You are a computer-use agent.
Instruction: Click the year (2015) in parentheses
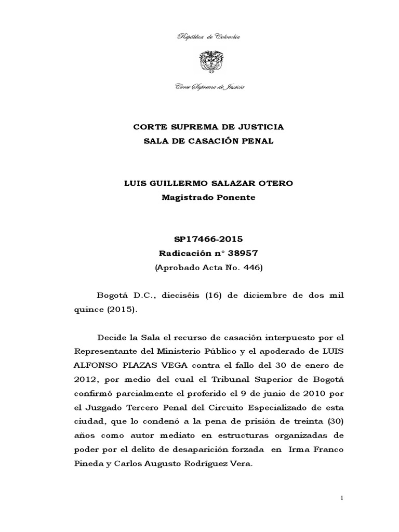pos(120,310)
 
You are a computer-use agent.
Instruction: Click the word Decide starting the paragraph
pos(105,338)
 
